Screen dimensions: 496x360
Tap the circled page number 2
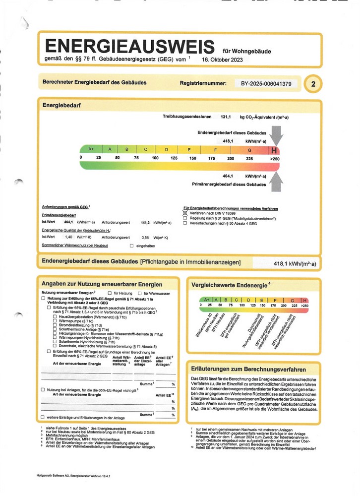coord(313,84)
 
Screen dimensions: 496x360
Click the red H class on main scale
coord(274,149)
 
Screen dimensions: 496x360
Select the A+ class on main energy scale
coord(91,149)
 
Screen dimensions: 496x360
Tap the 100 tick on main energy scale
coord(155,158)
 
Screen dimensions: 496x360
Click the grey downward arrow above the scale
coord(277,135)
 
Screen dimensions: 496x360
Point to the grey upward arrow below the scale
coord(277,178)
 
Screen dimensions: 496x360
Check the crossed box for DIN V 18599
coord(185,212)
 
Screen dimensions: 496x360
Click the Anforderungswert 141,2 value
coord(145,223)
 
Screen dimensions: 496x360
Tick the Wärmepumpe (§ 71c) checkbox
coord(55,321)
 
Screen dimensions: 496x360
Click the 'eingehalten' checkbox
coord(131,246)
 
